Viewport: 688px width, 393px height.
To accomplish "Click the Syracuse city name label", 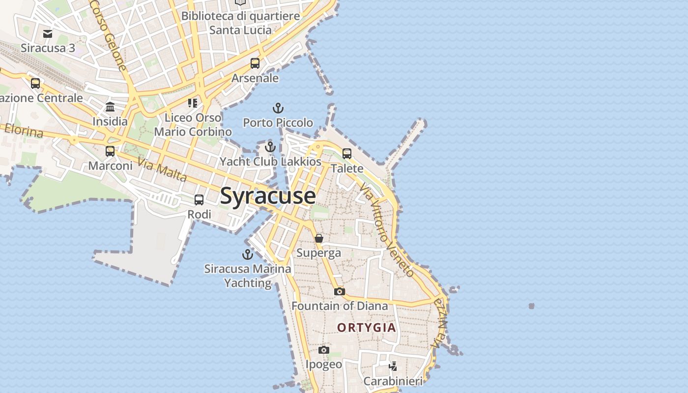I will (x=268, y=196).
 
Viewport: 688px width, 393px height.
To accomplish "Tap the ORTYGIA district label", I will (x=366, y=328).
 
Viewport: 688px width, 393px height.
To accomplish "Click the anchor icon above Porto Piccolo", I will (x=278, y=108).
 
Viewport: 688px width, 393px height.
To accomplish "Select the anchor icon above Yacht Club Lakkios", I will (x=270, y=146).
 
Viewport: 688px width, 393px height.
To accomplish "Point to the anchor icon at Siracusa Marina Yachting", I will (x=248, y=254).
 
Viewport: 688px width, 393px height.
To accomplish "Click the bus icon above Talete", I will (x=347, y=154).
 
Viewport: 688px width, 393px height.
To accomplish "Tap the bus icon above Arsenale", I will (x=255, y=63).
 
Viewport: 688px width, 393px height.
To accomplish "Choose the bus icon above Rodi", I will (x=199, y=200).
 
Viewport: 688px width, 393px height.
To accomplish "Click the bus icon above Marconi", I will (x=110, y=151).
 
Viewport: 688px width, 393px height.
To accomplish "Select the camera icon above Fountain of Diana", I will (x=339, y=291).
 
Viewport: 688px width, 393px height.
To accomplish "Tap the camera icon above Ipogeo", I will (x=323, y=350).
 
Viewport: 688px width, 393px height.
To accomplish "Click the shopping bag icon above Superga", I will (x=319, y=238).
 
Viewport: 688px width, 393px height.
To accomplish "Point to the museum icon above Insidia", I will (x=110, y=107).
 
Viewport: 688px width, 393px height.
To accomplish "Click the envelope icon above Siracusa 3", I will (x=48, y=33).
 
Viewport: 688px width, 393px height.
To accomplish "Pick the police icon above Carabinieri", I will (x=393, y=366).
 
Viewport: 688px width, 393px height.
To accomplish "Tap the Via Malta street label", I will (x=162, y=169).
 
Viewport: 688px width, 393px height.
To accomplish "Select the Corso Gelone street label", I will (x=109, y=34).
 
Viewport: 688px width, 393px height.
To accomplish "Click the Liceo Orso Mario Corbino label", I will (x=193, y=125).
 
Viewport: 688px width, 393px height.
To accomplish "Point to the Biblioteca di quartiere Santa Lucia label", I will (x=240, y=23).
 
